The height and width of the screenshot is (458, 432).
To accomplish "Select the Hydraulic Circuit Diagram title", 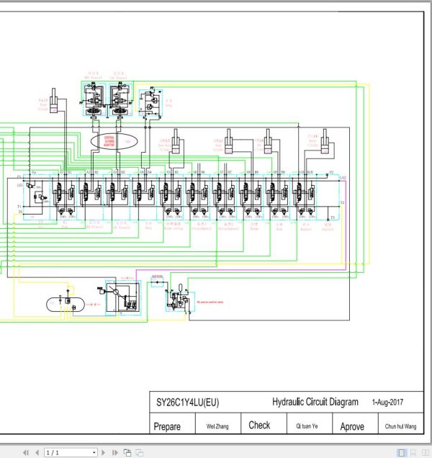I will (x=315, y=403).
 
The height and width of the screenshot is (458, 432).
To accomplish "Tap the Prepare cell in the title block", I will (x=167, y=426).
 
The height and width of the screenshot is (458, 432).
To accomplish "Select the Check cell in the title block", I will (x=259, y=426).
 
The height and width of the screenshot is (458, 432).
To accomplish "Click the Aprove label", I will (x=352, y=426).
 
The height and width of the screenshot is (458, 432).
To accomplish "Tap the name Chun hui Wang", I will (x=400, y=426).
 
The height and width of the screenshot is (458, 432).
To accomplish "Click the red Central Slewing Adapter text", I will (x=109, y=140).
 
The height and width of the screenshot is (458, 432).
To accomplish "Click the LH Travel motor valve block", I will (x=118, y=99).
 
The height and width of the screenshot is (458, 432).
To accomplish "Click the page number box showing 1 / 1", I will (x=70, y=452).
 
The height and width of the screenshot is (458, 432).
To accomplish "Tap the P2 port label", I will (x=331, y=173).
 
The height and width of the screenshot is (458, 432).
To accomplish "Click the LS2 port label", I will (x=343, y=178).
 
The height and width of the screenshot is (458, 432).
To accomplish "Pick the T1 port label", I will (x=19, y=206).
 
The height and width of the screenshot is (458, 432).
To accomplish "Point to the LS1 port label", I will (x=19, y=186).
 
